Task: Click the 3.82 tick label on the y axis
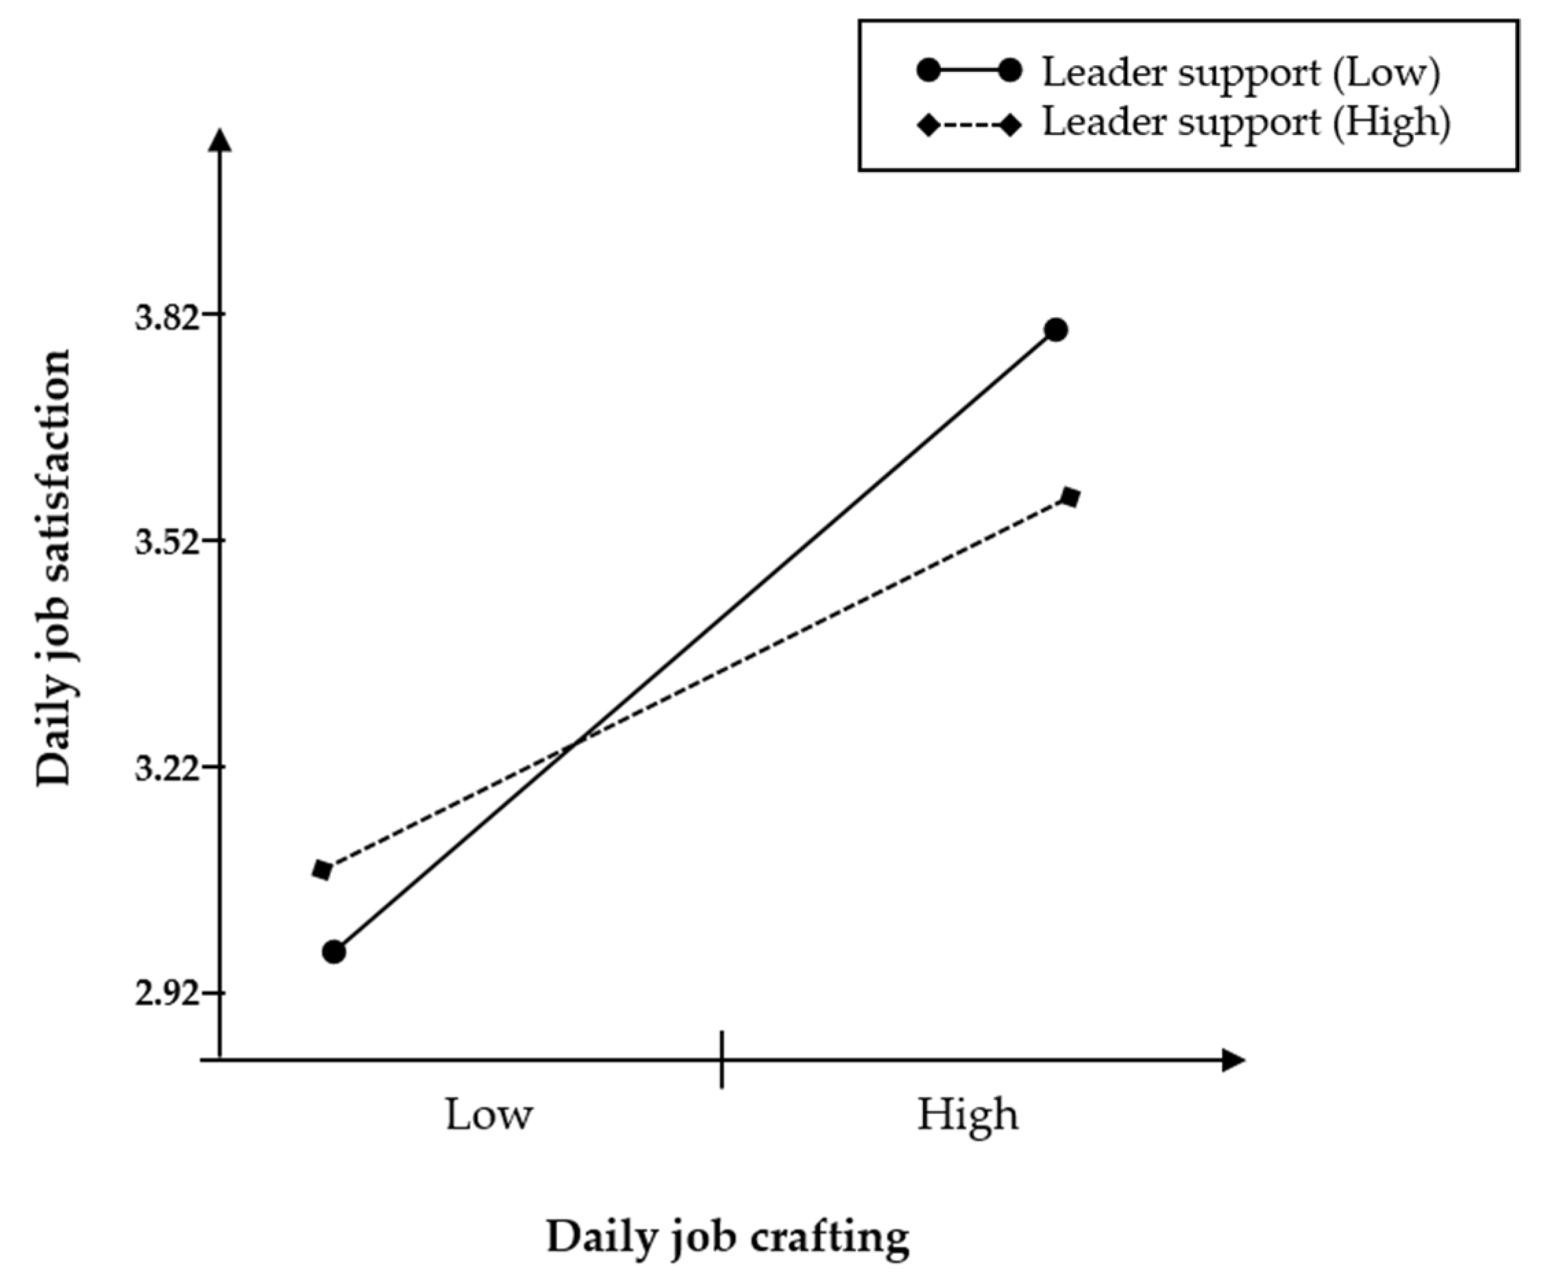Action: coord(167,319)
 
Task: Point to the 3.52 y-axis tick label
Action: coord(167,545)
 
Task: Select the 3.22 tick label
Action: coord(167,770)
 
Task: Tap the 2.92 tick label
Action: coord(167,996)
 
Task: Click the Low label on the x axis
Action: coord(489,1114)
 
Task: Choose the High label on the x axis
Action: coord(967,1114)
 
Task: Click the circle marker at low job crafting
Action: coord(334,952)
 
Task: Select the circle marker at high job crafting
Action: coord(1056,330)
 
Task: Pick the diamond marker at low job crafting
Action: coord(322,869)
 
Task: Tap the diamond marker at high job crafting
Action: coord(1070,497)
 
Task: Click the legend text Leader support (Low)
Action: coord(1240,73)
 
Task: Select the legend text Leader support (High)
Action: coord(1246,123)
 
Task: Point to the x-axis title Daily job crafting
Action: coord(728,1237)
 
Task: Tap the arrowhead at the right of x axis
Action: coord(1233,1060)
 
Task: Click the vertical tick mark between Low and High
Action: coord(722,1060)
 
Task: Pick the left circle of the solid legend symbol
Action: coord(929,71)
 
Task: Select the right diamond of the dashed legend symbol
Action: coord(1011,125)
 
